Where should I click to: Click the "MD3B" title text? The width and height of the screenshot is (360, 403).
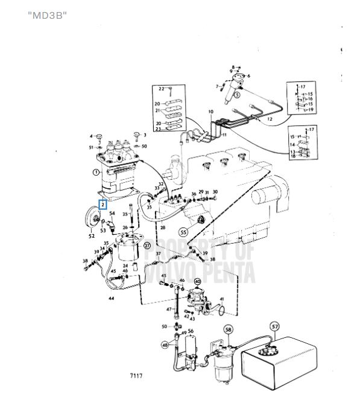(47, 13)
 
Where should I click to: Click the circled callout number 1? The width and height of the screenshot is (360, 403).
(95, 172)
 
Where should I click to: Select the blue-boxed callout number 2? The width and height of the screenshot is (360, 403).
(104, 205)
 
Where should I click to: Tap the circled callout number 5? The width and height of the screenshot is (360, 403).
(237, 94)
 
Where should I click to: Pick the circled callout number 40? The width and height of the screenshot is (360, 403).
(197, 282)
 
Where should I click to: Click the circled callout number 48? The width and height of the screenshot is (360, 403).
(165, 345)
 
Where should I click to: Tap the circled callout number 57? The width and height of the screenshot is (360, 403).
(275, 327)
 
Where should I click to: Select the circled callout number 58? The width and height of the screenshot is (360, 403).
(228, 329)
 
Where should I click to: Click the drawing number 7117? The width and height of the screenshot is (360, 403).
(136, 376)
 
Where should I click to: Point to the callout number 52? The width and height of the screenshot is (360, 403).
(92, 236)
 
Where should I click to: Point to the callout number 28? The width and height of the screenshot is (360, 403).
(163, 227)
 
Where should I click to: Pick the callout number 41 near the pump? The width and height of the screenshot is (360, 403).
(221, 299)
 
